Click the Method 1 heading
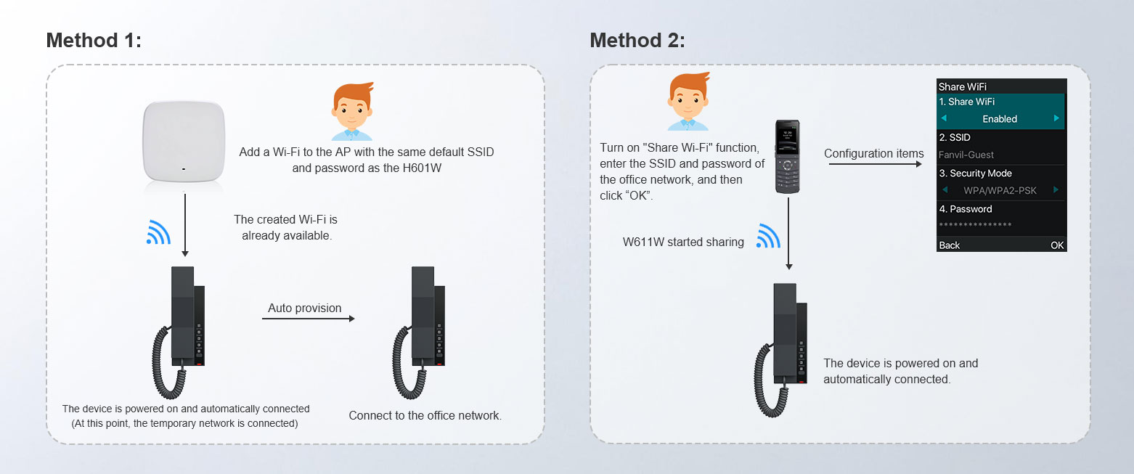(x=94, y=41)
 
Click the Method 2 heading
(x=637, y=41)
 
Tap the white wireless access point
(x=184, y=142)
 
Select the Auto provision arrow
(x=309, y=319)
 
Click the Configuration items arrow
(x=876, y=164)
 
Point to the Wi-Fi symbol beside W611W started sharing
(x=768, y=236)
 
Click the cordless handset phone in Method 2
(x=787, y=157)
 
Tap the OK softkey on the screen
(x=1057, y=245)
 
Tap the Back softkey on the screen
(x=949, y=245)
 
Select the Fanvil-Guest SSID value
(x=966, y=155)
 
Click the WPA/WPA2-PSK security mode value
(x=1000, y=190)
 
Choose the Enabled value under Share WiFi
(x=1000, y=119)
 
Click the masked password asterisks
(x=975, y=225)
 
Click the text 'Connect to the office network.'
(x=425, y=416)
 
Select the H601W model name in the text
(x=422, y=168)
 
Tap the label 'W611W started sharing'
(x=683, y=242)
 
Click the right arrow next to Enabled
(x=1056, y=118)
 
